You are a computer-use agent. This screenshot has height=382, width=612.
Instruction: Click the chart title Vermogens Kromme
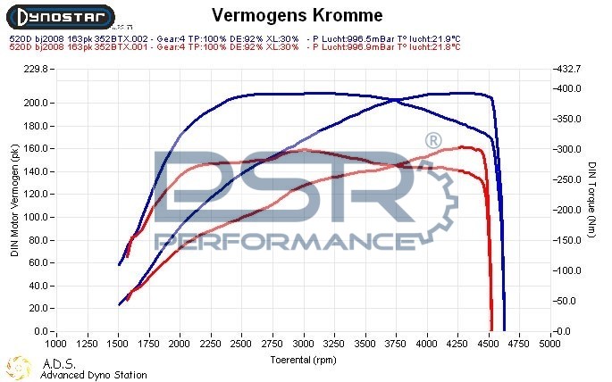coord(298,15)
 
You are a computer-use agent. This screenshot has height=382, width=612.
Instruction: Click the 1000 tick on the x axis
coord(55,342)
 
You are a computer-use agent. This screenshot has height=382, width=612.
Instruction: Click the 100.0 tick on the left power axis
coord(37,217)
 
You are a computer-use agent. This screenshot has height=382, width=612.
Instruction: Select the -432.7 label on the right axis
coord(568,69)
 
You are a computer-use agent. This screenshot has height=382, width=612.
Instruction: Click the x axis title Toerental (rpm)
coord(305,360)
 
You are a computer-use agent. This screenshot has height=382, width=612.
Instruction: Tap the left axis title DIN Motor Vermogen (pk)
coord(15,201)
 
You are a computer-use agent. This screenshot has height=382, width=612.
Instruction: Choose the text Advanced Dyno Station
coord(94,376)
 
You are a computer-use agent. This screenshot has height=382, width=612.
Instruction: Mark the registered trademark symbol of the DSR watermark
coord(432,141)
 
